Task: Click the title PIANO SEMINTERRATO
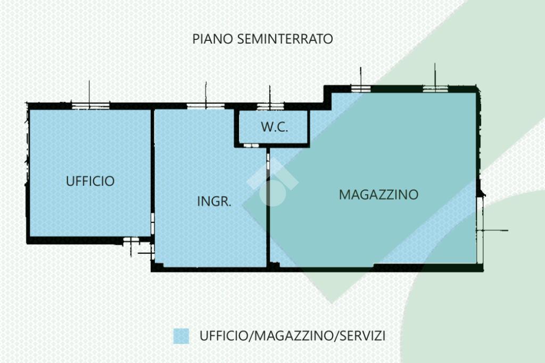click(x=262, y=39)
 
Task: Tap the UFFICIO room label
click(x=90, y=181)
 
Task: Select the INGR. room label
click(x=214, y=202)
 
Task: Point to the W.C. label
click(x=274, y=127)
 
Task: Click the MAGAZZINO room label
click(x=378, y=195)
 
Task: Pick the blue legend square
click(x=181, y=336)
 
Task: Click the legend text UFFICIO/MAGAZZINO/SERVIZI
click(x=292, y=336)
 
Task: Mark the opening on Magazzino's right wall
click(x=480, y=230)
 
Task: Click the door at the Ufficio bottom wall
click(x=130, y=241)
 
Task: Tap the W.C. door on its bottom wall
click(x=251, y=145)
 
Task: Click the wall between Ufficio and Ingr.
click(x=152, y=160)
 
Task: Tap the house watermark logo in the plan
click(x=272, y=184)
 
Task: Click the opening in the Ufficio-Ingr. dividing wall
click(x=153, y=221)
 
